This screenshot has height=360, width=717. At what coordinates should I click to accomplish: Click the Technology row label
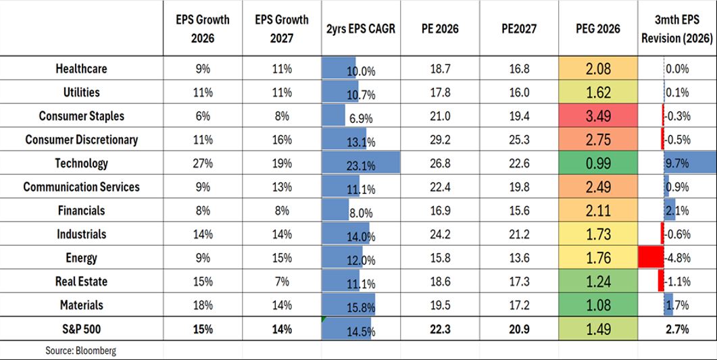(x=81, y=163)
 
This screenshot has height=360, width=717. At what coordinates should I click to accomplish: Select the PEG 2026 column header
(x=597, y=29)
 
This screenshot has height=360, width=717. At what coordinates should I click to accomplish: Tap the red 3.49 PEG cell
(x=597, y=116)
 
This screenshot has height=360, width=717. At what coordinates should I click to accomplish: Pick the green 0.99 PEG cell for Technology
(x=597, y=163)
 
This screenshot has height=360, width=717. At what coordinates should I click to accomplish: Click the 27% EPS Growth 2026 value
(x=202, y=163)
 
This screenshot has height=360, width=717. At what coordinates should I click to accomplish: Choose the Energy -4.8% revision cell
(x=676, y=258)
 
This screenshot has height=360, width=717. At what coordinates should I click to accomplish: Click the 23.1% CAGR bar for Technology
(x=361, y=163)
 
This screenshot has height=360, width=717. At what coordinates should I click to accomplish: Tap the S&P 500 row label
(x=81, y=329)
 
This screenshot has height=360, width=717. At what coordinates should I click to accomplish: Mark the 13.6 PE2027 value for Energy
(x=519, y=258)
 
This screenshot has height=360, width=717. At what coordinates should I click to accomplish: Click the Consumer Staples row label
(x=81, y=116)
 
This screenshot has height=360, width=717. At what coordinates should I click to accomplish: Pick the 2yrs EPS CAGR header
(x=361, y=29)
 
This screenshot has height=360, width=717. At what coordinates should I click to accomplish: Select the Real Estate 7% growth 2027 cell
(x=282, y=282)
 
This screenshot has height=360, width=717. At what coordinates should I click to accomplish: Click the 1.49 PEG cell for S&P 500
(x=597, y=329)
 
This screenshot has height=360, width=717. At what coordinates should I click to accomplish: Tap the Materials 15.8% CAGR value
(x=361, y=306)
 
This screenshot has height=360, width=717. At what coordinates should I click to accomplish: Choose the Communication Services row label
(x=81, y=187)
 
